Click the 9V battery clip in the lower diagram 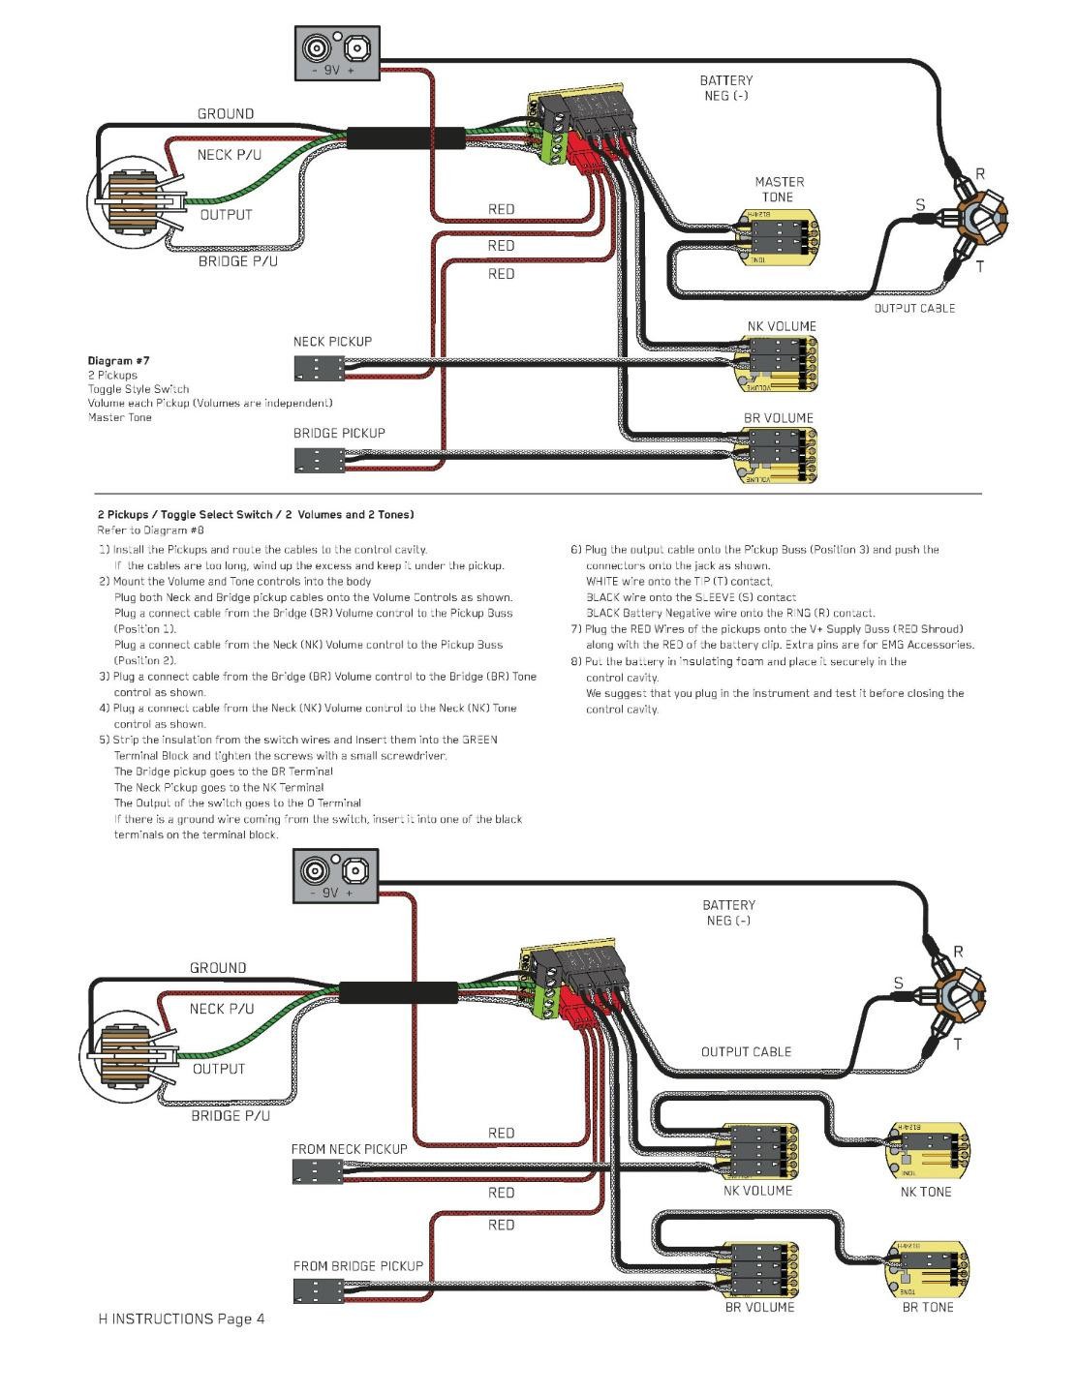tap(335, 877)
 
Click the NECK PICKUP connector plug tap(319, 368)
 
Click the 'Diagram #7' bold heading tap(118, 360)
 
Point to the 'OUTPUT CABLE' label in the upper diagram tap(913, 308)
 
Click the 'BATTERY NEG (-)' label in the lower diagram tap(728, 913)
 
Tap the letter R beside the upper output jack tap(980, 174)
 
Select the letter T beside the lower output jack tap(957, 1045)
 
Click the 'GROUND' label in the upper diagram tap(226, 114)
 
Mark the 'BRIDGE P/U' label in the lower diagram tap(231, 1115)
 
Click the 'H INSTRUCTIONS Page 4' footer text tap(181, 1318)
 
